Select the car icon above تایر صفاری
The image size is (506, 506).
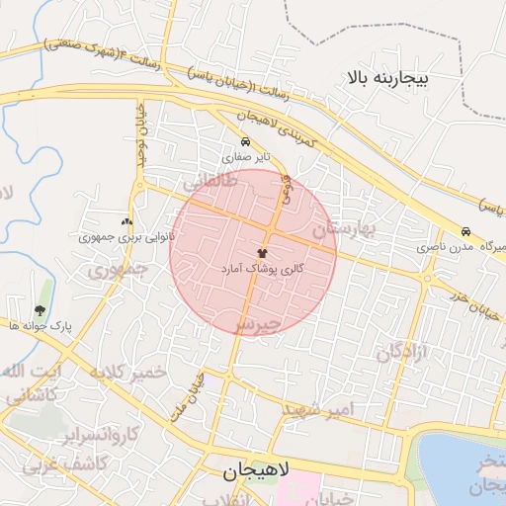tap(246, 141)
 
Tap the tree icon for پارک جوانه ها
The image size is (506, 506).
tap(41, 310)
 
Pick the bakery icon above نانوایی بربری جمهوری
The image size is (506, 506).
tap(126, 222)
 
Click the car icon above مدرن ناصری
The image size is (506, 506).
tap(465, 230)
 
